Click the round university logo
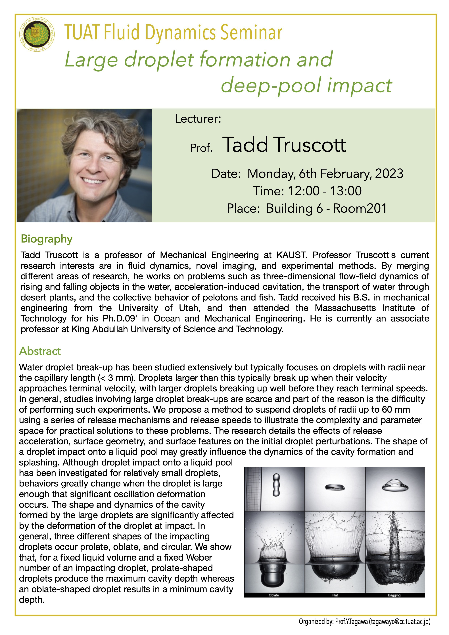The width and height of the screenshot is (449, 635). [37, 35]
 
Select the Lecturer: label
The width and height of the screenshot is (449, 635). [198, 119]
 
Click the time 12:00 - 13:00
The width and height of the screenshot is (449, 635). [325, 191]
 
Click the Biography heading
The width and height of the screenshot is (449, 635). [47, 239]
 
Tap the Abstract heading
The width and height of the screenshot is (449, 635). [40, 351]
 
